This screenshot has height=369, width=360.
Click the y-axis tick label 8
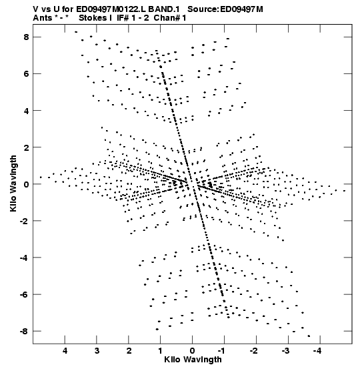point(26,37)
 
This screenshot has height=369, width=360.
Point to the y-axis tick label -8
point(25,332)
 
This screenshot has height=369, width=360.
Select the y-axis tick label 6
point(26,74)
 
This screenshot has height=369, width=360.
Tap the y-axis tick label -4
point(25,258)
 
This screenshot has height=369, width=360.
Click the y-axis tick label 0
point(26,184)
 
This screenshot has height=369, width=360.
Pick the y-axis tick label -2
point(25,222)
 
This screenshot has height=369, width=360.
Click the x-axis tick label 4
point(65,351)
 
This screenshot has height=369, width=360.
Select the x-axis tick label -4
point(317,351)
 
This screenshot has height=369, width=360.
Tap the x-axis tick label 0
point(193,351)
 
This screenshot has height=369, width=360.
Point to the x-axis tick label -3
point(285,351)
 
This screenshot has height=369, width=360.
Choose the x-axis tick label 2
point(129,351)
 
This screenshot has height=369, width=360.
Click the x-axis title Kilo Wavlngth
point(193,360)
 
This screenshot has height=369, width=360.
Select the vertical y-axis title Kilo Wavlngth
point(13,183)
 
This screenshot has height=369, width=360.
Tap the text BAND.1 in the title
point(164,9)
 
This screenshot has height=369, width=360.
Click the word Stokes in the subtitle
point(92,18)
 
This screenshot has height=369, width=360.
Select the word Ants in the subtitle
point(43,18)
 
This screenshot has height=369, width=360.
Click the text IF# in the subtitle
point(123,18)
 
